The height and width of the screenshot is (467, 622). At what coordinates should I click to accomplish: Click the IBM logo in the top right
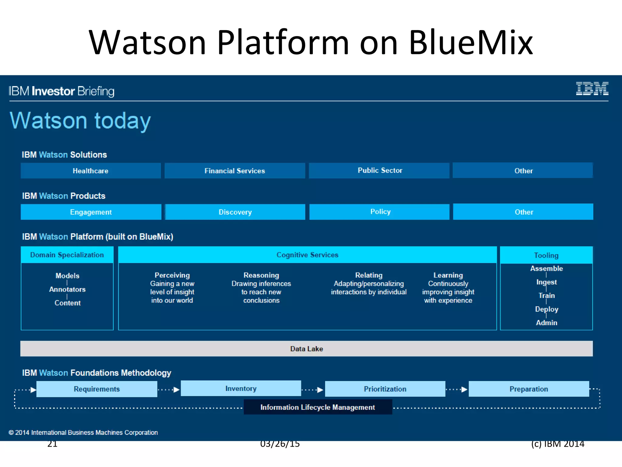(592, 88)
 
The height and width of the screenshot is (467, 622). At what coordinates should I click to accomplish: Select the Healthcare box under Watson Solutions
(91, 171)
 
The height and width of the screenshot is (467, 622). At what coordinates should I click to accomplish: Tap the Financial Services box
(234, 171)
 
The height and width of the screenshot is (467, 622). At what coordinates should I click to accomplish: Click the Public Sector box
(380, 170)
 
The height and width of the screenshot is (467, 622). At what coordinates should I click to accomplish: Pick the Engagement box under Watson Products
(91, 212)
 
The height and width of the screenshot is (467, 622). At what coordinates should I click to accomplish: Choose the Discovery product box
(235, 212)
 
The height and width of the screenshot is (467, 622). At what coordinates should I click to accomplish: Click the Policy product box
(380, 212)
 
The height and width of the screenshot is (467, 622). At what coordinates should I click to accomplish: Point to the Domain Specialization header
(67, 255)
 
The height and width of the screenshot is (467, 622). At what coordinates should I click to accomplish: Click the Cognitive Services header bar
(307, 255)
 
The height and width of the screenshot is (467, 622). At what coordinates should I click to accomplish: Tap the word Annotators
(67, 289)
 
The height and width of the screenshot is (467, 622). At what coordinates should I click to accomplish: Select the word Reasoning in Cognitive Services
(261, 275)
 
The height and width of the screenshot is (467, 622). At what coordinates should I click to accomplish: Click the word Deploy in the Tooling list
(546, 309)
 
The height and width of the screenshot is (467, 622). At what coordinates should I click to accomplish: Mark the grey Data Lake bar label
(306, 349)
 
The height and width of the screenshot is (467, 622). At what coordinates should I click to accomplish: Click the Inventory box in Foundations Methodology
(241, 389)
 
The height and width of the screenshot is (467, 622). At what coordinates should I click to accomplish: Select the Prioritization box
(385, 389)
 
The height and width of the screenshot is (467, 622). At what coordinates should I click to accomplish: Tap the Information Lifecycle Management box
(318, 407)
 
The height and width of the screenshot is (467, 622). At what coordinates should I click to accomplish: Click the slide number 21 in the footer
(52, 444)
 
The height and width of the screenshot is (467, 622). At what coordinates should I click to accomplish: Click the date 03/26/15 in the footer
(280, 444)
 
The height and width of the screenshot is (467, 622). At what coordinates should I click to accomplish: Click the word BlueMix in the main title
(471, 43)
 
